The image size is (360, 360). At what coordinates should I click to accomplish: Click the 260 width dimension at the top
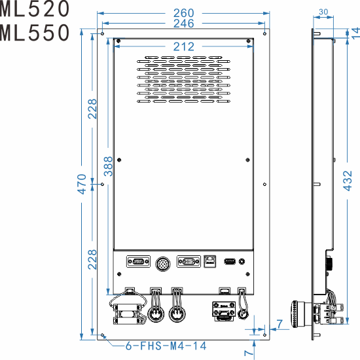183,12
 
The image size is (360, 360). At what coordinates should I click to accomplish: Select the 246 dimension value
183,24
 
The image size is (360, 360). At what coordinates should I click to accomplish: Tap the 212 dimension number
184,46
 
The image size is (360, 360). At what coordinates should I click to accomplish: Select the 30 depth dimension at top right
323,12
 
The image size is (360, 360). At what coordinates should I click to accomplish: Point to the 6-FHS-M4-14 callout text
165,346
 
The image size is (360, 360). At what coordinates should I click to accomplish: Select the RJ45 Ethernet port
210,261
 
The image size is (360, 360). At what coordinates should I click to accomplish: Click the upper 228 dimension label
93,109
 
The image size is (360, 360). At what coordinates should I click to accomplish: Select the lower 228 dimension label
93,260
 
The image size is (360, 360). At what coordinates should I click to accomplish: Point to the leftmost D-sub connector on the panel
137,262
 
